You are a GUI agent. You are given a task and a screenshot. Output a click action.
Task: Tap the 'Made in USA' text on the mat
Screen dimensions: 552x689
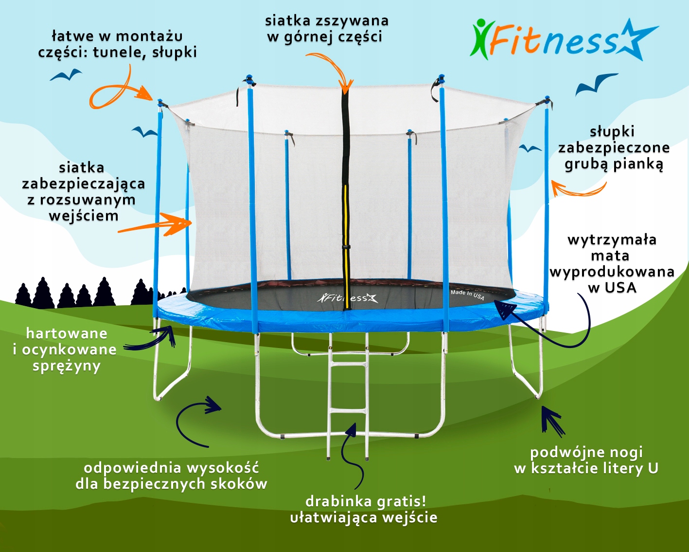(x=467, y=294)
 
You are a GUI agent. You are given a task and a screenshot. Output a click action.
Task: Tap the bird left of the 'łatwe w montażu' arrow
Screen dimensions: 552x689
(x=66, y=75)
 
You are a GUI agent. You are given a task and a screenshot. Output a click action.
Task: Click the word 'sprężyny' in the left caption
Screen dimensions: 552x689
(x=67, y=366)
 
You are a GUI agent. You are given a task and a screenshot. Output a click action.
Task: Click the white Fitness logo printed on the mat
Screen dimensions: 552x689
(x=347, y=297)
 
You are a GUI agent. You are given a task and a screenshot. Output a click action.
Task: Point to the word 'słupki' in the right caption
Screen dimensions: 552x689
(x=612, y=131)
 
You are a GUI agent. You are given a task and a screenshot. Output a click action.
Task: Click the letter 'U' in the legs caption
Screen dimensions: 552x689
(x=653, y=468)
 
